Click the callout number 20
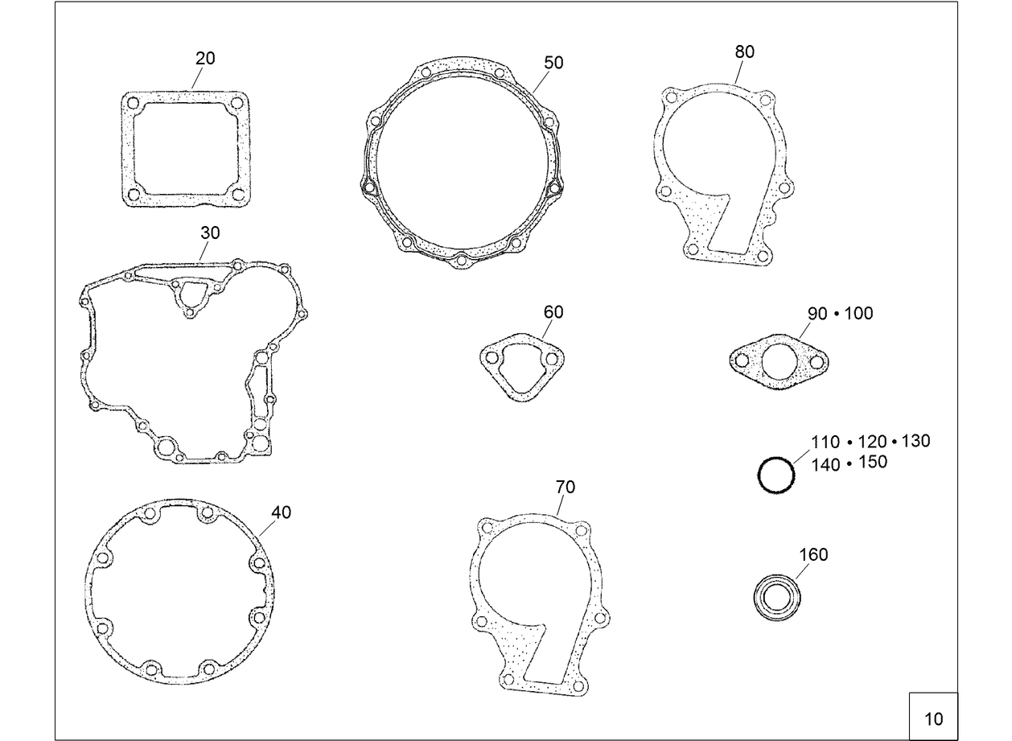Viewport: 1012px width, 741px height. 205,58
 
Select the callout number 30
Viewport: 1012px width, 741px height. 210,233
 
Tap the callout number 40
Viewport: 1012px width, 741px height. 281,513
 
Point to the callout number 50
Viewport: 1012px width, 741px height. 553,62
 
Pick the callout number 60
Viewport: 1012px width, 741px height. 553,312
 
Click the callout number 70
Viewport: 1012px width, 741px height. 566,487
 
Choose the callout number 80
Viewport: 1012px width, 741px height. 745,51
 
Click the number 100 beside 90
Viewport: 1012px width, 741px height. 858,313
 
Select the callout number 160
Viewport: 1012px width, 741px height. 813,554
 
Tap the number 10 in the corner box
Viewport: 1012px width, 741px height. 934,718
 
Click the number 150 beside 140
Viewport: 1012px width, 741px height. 874,463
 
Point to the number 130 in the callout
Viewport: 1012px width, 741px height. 915,441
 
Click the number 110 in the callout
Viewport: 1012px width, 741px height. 825,442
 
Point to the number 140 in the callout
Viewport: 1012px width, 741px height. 825,463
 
